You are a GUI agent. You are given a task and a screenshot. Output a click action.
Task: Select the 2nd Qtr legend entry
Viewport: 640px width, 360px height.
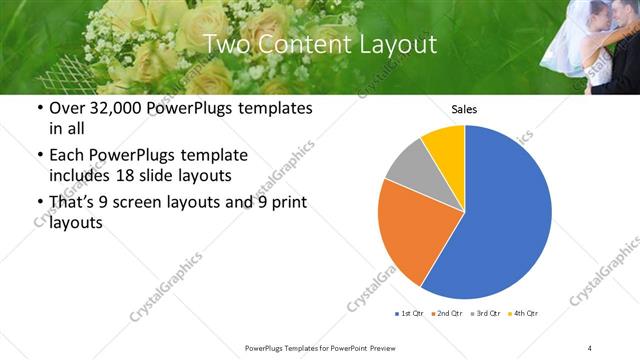pos(446,314)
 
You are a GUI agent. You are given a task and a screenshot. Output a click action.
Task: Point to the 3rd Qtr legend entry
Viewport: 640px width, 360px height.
pos(485,314)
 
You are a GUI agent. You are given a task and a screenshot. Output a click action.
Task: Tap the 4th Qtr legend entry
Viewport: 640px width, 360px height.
pos(523,314)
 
